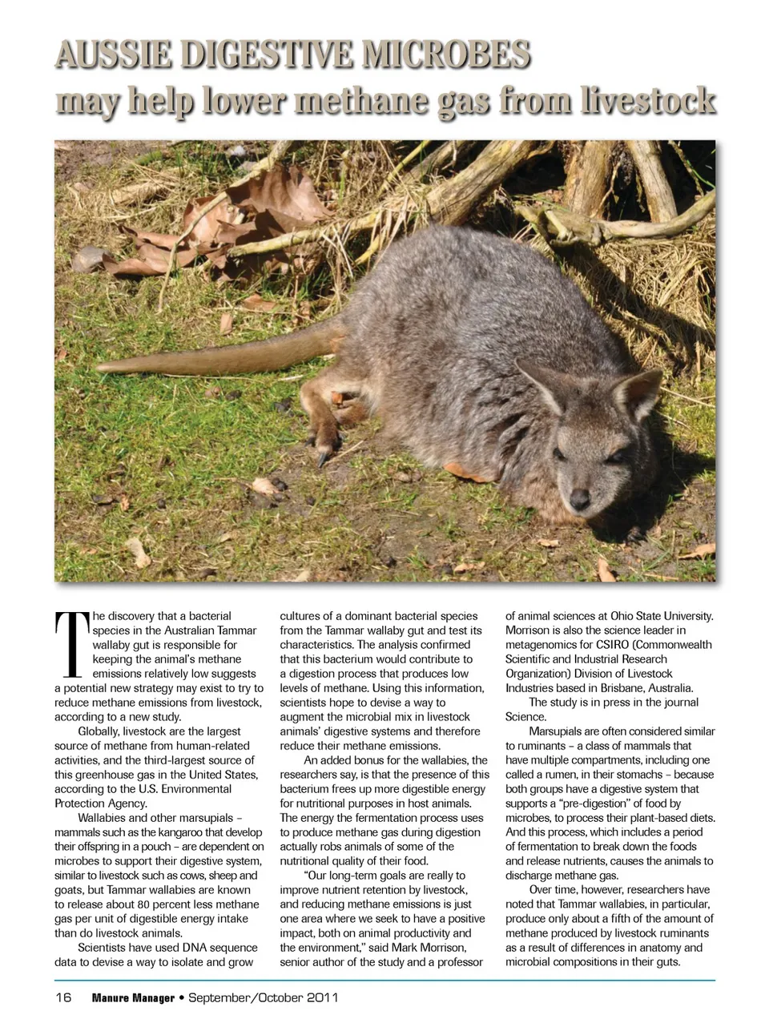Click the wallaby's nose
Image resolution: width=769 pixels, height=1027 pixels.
click(x=579, y=500)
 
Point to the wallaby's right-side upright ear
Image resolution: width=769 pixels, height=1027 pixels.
click(x=638, y=393)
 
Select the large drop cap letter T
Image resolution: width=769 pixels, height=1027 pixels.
click(x=72, y=644)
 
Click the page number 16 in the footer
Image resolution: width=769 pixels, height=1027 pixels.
click(x=63, y=997)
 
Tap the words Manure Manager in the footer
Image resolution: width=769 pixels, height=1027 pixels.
click(x=133, y=998)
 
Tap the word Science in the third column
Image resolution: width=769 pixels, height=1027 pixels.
click(x=525, y=717)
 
